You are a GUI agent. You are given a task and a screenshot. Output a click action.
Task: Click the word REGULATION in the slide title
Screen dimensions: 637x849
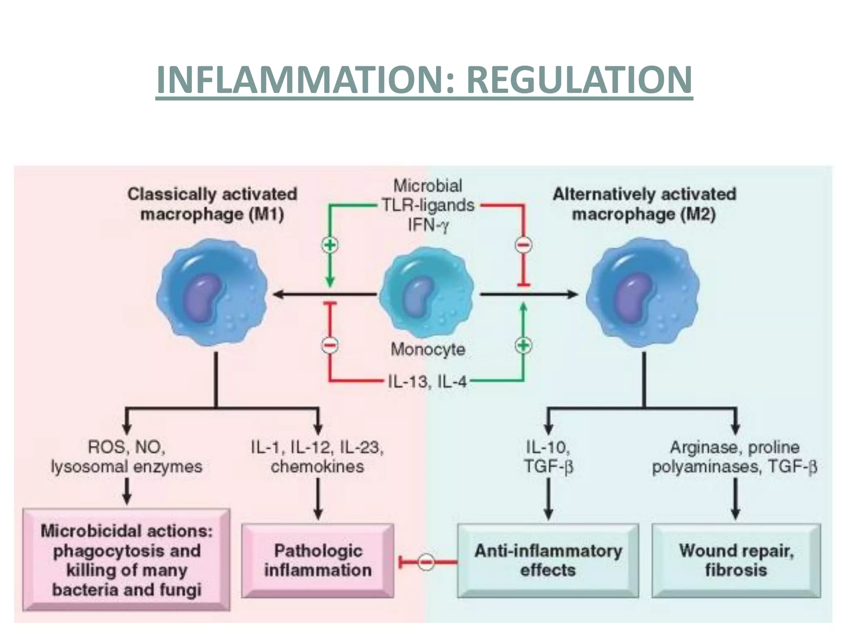pos(579,80)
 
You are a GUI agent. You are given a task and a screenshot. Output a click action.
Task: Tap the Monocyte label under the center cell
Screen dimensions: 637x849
pos(428,350)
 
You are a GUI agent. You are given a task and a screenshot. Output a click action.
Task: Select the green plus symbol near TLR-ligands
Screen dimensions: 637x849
pos(330,245)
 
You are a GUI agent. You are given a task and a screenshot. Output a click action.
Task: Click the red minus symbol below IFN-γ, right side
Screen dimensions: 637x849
pos(523,245)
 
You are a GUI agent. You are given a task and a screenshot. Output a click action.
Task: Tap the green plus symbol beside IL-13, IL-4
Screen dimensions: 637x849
pos(523,345)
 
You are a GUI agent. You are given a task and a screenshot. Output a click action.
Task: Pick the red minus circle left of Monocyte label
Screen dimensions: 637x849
pos(330,345)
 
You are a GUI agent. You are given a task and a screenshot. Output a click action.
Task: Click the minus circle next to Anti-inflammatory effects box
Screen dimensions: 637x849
pos(426,562)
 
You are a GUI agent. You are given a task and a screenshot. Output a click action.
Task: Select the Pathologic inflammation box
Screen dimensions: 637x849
pos(318,560)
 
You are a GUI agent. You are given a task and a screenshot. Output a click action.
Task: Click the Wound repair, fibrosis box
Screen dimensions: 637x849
pos(736,560)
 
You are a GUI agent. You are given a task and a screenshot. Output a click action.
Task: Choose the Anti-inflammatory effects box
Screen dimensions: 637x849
pos(548,560)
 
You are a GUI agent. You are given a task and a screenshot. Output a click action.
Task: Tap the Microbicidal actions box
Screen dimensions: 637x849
pos(126,560)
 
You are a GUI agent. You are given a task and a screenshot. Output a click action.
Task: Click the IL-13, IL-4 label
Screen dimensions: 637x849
pos(427,381)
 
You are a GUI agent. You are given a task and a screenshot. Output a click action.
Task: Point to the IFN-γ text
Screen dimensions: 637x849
pos(428,225)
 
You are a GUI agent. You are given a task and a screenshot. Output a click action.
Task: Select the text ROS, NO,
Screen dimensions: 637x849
pos(127,447)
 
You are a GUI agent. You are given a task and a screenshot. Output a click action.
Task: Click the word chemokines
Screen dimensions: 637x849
pos(318,467)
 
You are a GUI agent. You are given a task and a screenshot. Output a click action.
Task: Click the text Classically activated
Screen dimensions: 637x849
pos(212,194)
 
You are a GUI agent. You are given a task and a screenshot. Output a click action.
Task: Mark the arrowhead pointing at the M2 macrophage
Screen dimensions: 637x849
pos(572,294)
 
